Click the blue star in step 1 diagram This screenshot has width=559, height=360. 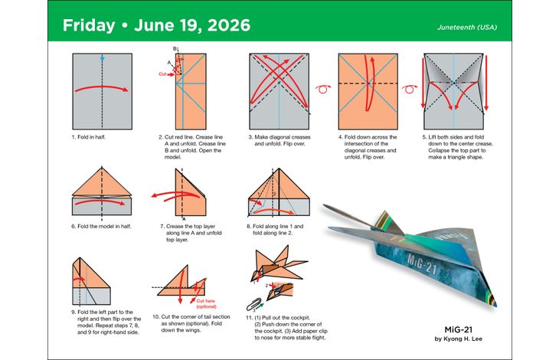click(101, 58)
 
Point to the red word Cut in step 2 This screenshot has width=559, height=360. click(162, 74)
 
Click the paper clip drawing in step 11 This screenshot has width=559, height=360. click(250, 301)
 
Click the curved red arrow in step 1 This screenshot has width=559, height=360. click(101, 88)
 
